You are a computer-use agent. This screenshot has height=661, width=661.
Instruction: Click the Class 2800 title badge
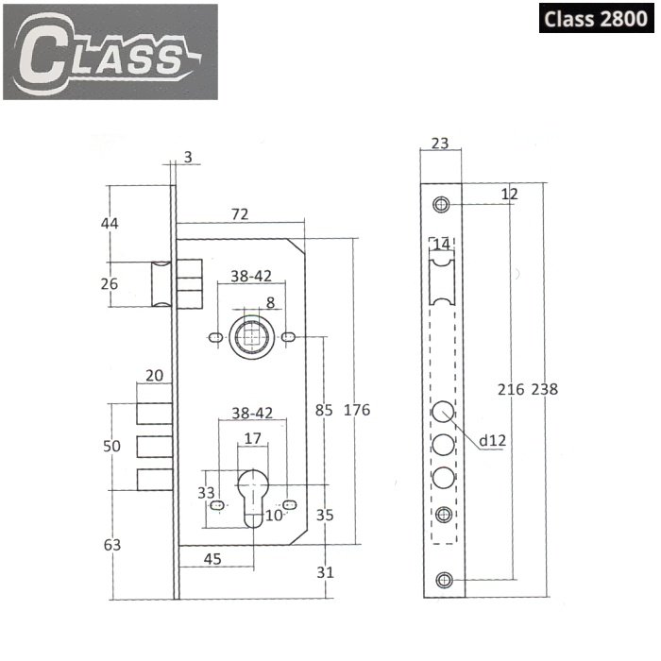point(596,18)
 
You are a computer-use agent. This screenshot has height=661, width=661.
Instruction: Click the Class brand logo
point(110,52)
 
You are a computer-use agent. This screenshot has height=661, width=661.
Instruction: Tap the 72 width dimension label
point(240,214)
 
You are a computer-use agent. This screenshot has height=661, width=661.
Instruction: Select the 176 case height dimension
point(357,410)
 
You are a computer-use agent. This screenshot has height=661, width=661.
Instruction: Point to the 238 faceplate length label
point(544,389)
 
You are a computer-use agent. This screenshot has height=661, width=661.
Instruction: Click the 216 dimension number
point(511,389)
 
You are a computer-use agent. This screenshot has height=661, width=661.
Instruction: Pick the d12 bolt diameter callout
point(492,441)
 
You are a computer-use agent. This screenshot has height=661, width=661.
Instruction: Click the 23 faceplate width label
point(440,144)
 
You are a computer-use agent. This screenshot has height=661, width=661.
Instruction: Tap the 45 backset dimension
point(212,559)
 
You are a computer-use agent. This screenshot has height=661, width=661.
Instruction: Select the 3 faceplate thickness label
point(188,157)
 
